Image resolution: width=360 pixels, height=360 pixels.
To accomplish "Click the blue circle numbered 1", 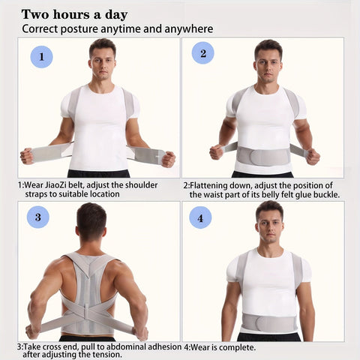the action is (x=41, y=57).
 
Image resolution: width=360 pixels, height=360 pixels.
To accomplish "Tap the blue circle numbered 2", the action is (x=203, y=53).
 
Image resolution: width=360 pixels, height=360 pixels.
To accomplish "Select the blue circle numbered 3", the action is (x=38, y=217).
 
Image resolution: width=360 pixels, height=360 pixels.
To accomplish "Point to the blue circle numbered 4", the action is (x=200, y=217).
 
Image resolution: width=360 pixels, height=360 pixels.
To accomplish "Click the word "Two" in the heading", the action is (x=36, y=14).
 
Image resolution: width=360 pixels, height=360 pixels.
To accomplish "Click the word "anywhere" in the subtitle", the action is (x=189, y=29).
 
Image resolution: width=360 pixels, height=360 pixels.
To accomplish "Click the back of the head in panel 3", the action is (x=91, y=220).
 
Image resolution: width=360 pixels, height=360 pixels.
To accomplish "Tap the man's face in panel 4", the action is (x=270, y=226).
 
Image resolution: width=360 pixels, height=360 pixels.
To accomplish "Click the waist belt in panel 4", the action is (x=269, y=322).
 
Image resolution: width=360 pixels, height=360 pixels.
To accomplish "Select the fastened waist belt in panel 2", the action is (x=263, y=156).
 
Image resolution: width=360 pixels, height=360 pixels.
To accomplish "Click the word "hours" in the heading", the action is (x=72, y=14).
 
